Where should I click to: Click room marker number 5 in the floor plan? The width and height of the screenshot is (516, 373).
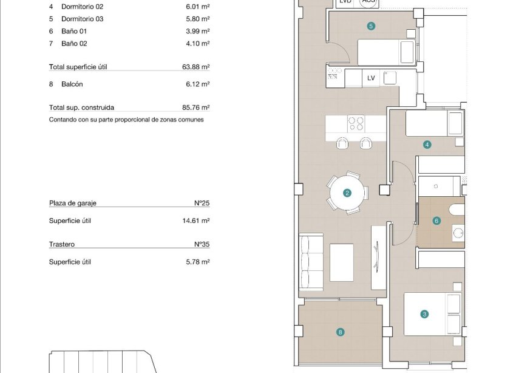371,26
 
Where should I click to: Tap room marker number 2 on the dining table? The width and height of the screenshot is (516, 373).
347,193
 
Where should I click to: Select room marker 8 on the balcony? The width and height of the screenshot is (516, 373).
341,332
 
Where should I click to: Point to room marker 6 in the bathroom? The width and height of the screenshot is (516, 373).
436,221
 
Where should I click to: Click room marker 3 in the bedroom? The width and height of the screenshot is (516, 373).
424,314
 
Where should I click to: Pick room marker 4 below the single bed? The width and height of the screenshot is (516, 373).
427,145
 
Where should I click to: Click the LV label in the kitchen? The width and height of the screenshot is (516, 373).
371,78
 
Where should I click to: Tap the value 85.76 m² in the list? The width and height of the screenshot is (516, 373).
197,108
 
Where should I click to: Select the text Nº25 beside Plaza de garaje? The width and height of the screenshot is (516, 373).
202,204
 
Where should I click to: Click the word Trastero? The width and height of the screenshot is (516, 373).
62,245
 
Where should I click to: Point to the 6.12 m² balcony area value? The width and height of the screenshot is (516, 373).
197,84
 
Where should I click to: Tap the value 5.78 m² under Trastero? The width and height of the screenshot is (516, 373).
197,262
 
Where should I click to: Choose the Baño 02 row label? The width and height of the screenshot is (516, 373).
74,44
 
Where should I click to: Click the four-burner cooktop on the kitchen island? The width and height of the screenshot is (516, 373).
356,124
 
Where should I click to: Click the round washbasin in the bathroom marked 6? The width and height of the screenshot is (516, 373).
458,233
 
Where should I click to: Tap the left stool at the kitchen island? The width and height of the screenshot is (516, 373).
342,143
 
